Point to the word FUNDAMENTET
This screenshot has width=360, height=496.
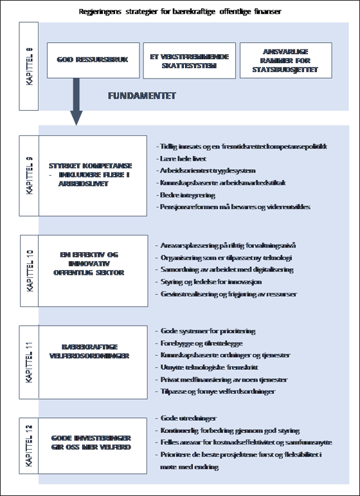[143, 96]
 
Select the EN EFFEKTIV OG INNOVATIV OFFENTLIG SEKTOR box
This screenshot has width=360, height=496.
[93, 263]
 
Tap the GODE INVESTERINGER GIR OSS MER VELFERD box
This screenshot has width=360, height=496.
[93, 443]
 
